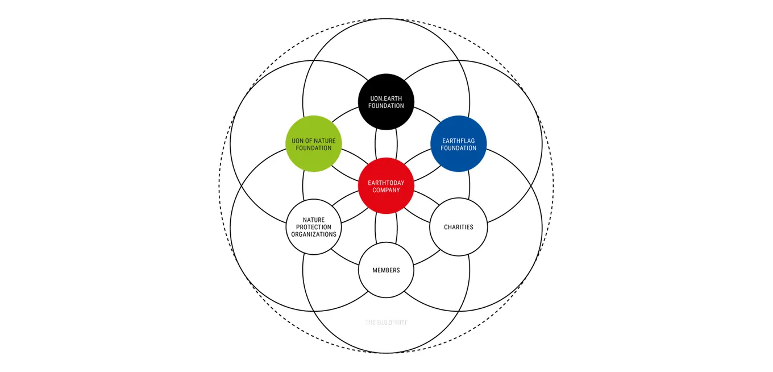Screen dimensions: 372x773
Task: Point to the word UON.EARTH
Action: pyautogui.click(x=386, y=98)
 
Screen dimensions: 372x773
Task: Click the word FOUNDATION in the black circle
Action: pyautogui.click(x=386, y=106)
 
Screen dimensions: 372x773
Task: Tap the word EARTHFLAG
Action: pyautogui.click(x=459, y=140)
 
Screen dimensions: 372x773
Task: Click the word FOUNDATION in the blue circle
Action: pyautogui.click(x=459, y=148)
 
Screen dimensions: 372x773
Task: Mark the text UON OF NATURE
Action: pyautogui.click(x=313, y=140)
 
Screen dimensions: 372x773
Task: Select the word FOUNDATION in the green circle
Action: pyautogui.click(x=313, y=148)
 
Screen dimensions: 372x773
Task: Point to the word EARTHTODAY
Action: pyautogui.click(x=386, y=183)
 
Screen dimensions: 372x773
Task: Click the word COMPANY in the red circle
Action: pyautogui.click(x=386, y=190)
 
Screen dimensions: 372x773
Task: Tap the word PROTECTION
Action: pyautogui.click(x=313, y=227)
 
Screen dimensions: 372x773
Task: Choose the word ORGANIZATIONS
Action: pyautogui.click(x=313, y=234)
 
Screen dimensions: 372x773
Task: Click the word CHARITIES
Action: pyautogui.click(x=459, y=227)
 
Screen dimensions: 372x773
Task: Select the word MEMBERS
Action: pyautogui.click(x=386, y=270)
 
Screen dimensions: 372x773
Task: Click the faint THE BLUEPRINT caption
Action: pyautogui.click(x=386, y=323)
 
